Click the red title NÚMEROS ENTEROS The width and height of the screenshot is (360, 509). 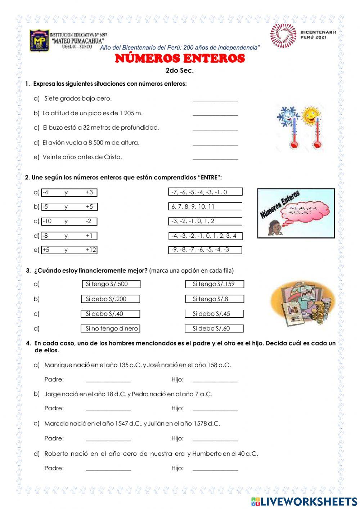[x=180, y=58]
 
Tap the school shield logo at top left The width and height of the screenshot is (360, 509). [x=39, y=41]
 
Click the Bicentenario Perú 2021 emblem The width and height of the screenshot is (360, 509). [x=283, y=35]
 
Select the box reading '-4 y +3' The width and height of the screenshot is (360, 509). [x=69, y=192]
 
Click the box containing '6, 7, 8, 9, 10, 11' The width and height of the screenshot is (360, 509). [x=205, y=206]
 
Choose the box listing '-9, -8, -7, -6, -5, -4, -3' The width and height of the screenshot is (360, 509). [x=205, y=250]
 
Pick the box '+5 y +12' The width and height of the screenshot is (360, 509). [x=69, y=250]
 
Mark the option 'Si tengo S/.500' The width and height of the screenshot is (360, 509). [x=111, y=284]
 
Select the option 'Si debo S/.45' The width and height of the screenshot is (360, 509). [x=214, y=314]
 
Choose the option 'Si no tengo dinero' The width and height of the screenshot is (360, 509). [x=111, y=329]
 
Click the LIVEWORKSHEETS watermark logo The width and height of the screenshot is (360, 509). [x=304, y=501]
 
